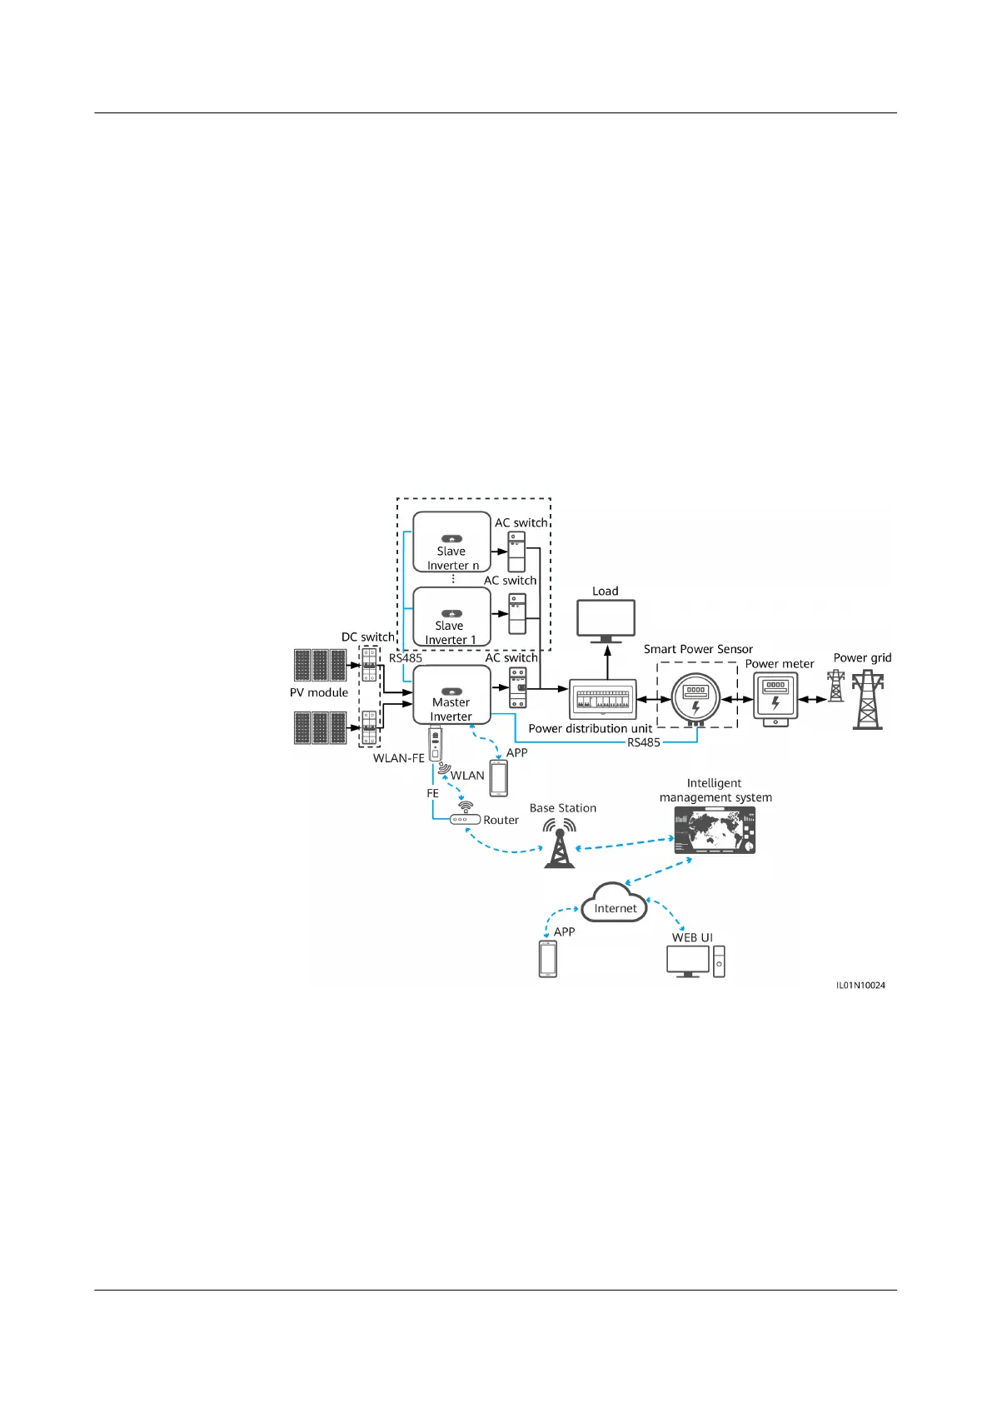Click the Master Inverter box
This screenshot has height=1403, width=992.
(451, 695)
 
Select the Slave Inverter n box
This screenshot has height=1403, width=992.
(451, 542)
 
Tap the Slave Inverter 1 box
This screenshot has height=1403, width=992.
(451, 617)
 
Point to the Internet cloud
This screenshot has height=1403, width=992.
(615, 904)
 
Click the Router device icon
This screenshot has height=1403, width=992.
(465, 819)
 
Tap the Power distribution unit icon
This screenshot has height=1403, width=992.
(602, 699)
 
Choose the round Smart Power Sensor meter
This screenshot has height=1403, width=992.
(695, 697)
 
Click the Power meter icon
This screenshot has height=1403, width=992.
(775, 696)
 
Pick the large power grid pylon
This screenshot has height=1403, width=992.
(868, 700)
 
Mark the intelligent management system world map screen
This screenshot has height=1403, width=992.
(714, 831)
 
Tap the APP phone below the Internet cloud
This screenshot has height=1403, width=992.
(547, 958)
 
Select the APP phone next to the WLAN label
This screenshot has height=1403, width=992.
(498, 778)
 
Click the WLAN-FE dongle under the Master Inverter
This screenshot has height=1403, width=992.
(435, 743)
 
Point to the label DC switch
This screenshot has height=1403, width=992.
(367, 637)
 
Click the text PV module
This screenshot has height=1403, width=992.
(319, 692)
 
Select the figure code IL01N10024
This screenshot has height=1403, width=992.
(860, 985)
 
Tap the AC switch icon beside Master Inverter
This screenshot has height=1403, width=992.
(517, 688)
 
